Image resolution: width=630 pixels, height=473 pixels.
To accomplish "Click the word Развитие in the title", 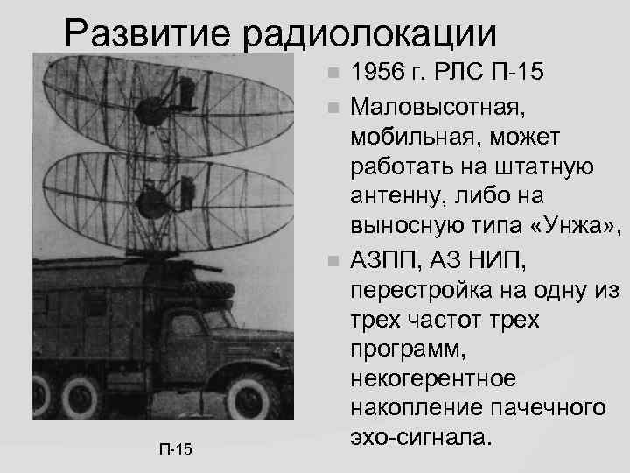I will point(149,35).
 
